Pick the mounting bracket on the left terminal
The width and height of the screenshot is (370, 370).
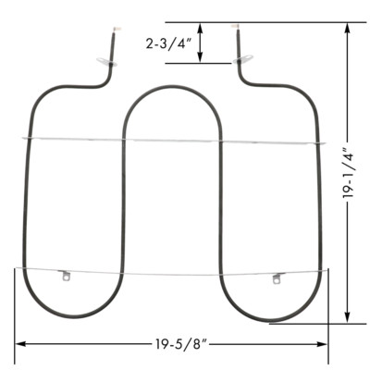[x=102, y=62]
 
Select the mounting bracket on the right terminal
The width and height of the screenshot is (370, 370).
[x=245, y=60]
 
